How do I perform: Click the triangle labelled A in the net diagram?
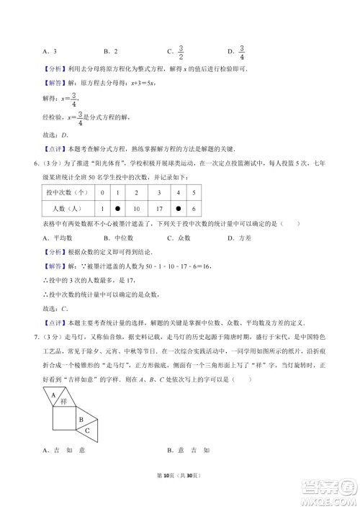pyautogui.click(x=53, y=394)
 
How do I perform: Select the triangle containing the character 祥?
pyautogui.click(x=64, y=401)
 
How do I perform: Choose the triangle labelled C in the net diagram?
pyautogui.click(x=89, y=429)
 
